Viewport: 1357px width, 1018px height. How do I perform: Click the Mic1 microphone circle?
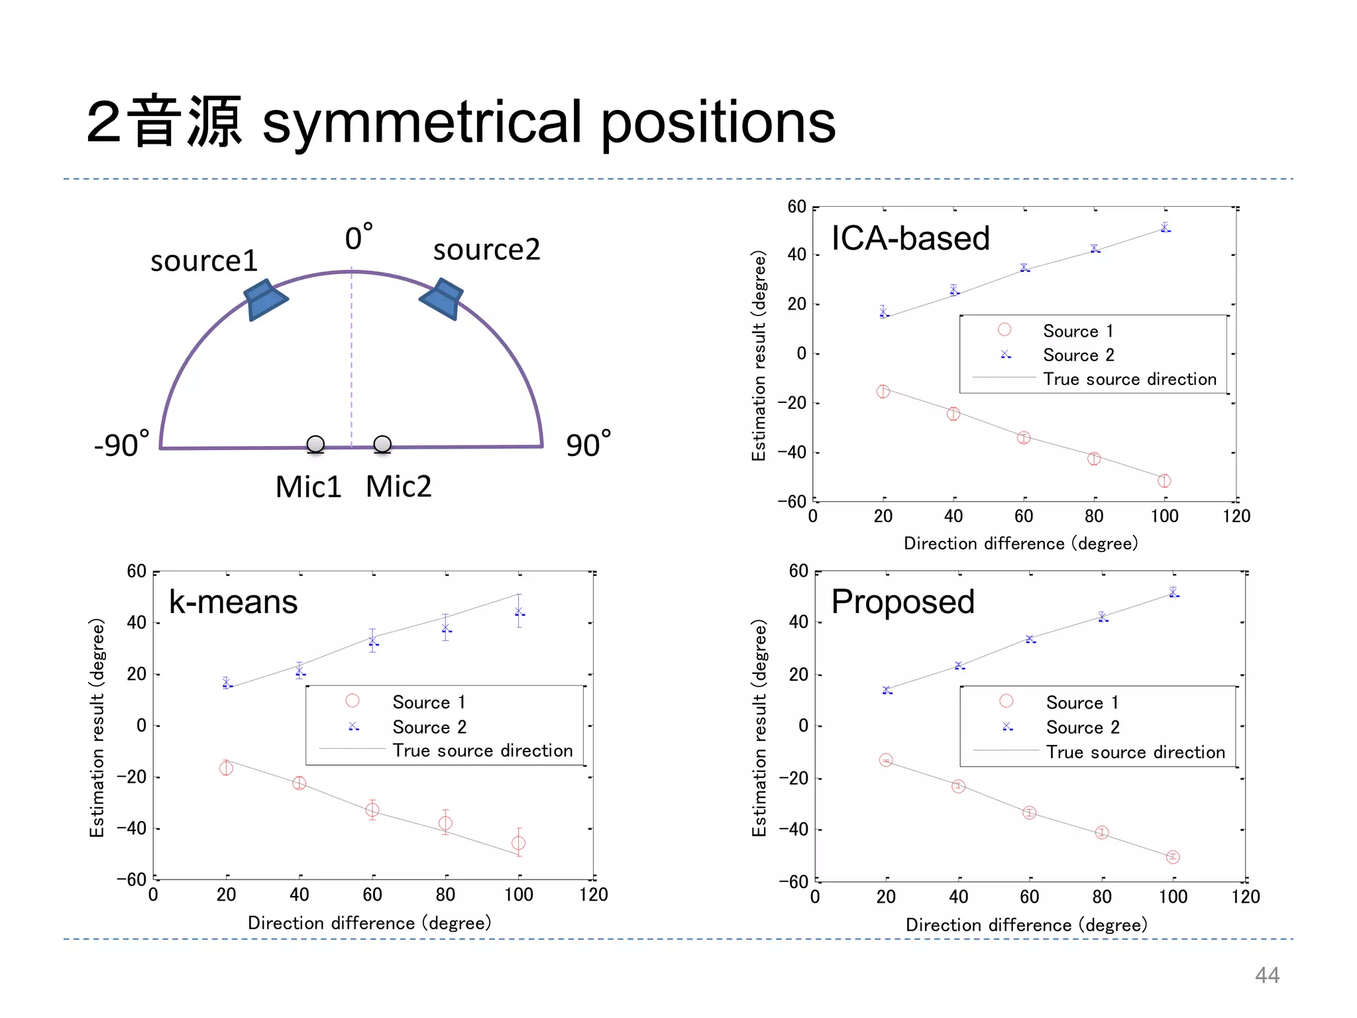coord(315,444)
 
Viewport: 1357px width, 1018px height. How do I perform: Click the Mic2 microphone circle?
coord(382,444)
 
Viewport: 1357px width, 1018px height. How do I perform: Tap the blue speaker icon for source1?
coord(265,300)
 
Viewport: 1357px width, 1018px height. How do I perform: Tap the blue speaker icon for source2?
coord(442,298)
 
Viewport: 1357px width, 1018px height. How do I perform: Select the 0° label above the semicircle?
coord(358,237)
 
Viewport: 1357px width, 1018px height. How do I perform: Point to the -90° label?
coord(121,445)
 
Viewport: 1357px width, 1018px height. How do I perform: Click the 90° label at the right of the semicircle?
coord(588,445)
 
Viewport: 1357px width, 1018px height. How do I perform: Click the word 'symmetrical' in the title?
coord(423,122)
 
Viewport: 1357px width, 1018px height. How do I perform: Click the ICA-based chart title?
coord(910,238)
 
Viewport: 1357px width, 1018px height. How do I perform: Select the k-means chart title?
coord(233,602)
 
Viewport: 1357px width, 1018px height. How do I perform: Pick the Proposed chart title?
coord(902,602)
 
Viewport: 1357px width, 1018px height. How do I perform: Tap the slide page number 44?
coord(1267,975)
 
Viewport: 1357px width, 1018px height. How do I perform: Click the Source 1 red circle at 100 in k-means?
coord(519,843)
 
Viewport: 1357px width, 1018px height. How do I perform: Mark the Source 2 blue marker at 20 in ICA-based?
coord(883,313)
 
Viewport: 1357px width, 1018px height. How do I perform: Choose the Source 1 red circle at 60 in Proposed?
coord(1029,813)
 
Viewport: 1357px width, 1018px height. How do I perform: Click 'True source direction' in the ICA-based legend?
coord(1130,379)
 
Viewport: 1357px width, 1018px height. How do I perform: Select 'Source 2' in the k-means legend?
coord(429,727)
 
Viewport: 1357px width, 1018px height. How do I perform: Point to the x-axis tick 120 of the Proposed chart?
coord(1245,897)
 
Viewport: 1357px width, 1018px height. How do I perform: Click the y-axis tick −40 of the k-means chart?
coord(131,828)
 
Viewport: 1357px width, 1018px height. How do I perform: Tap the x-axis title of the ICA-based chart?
coord(1020,543)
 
